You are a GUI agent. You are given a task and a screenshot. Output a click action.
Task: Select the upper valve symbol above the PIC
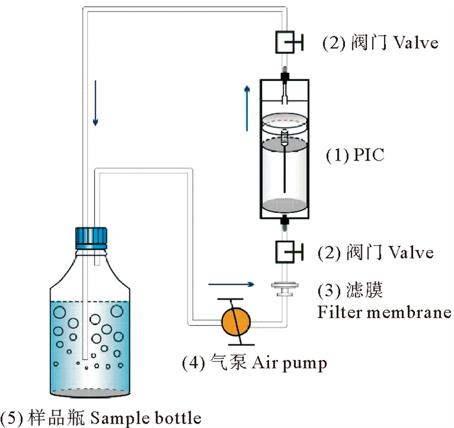[x=285, y=43]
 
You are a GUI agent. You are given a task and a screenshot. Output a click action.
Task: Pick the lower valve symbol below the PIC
[x=285, y=251]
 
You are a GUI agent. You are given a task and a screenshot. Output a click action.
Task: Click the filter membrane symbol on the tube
[x=284, y=289]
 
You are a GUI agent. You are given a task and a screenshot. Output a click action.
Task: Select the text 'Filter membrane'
[x=384, y=312]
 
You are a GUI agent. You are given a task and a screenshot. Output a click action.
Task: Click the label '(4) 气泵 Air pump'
[x=254, y=361]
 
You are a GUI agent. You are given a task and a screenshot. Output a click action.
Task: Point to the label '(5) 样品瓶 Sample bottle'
[x=101, y=416]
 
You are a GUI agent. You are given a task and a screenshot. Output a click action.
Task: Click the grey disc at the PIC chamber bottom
[x=284, y=203]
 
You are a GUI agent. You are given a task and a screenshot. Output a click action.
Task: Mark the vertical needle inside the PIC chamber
[x=285, y=165]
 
